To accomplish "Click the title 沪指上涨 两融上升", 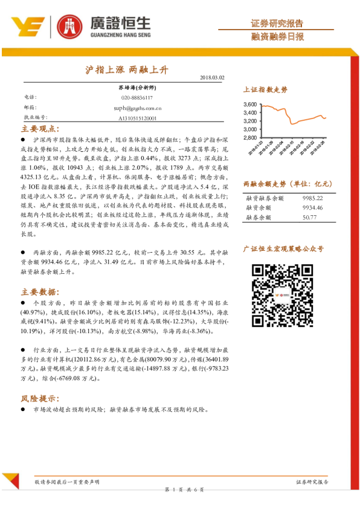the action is coord(126,70).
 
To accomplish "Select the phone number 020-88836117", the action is coord(137,97).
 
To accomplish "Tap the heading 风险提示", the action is coord(40,398).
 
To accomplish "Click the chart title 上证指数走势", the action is coord(265,89).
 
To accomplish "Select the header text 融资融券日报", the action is coord(277,37).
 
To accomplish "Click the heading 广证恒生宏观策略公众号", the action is coord(283,248).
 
